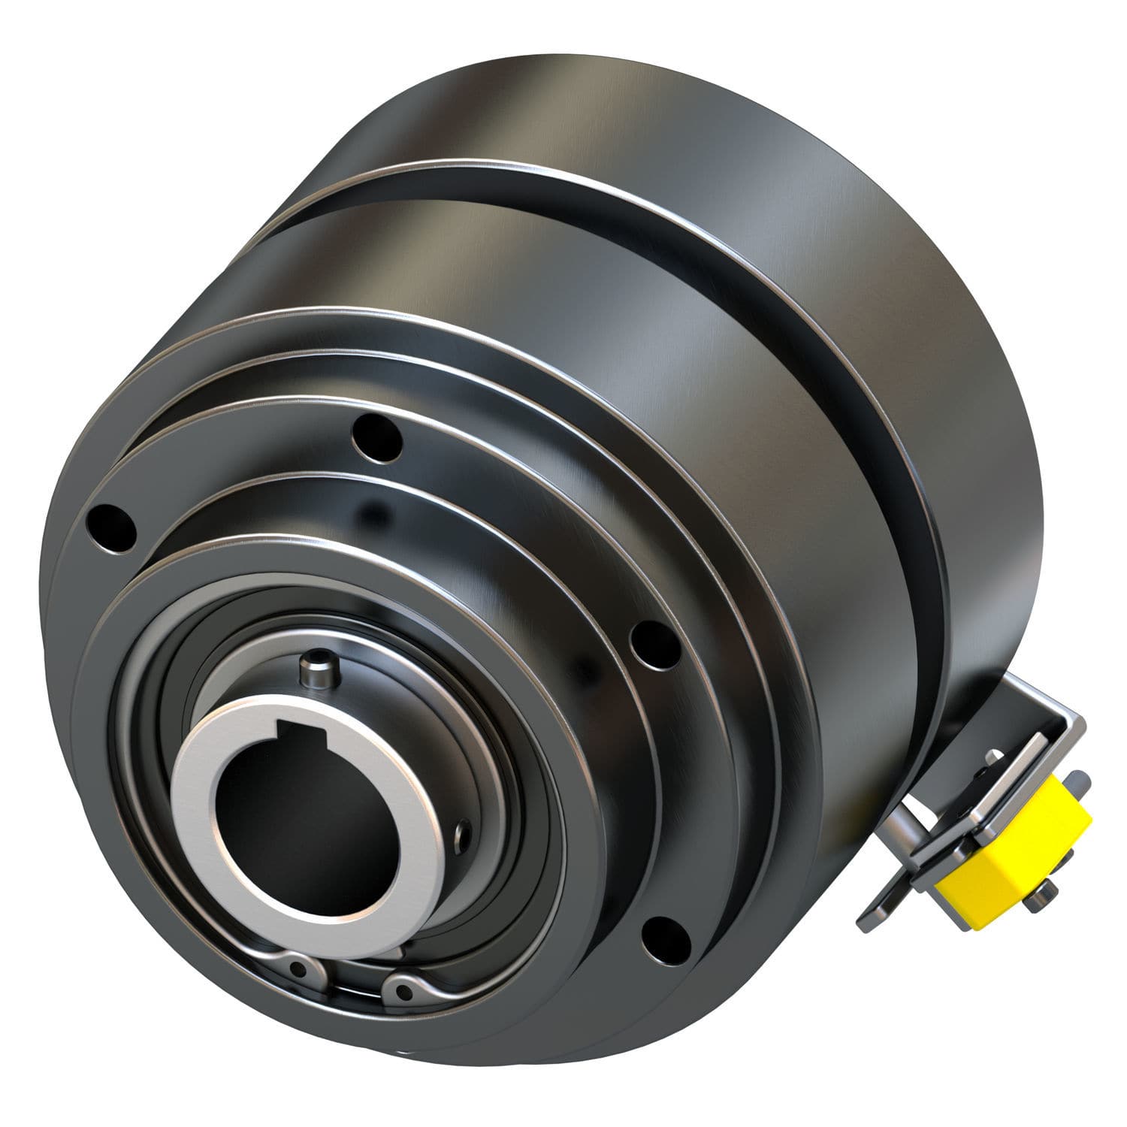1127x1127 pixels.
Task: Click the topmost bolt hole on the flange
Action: [378, 434]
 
